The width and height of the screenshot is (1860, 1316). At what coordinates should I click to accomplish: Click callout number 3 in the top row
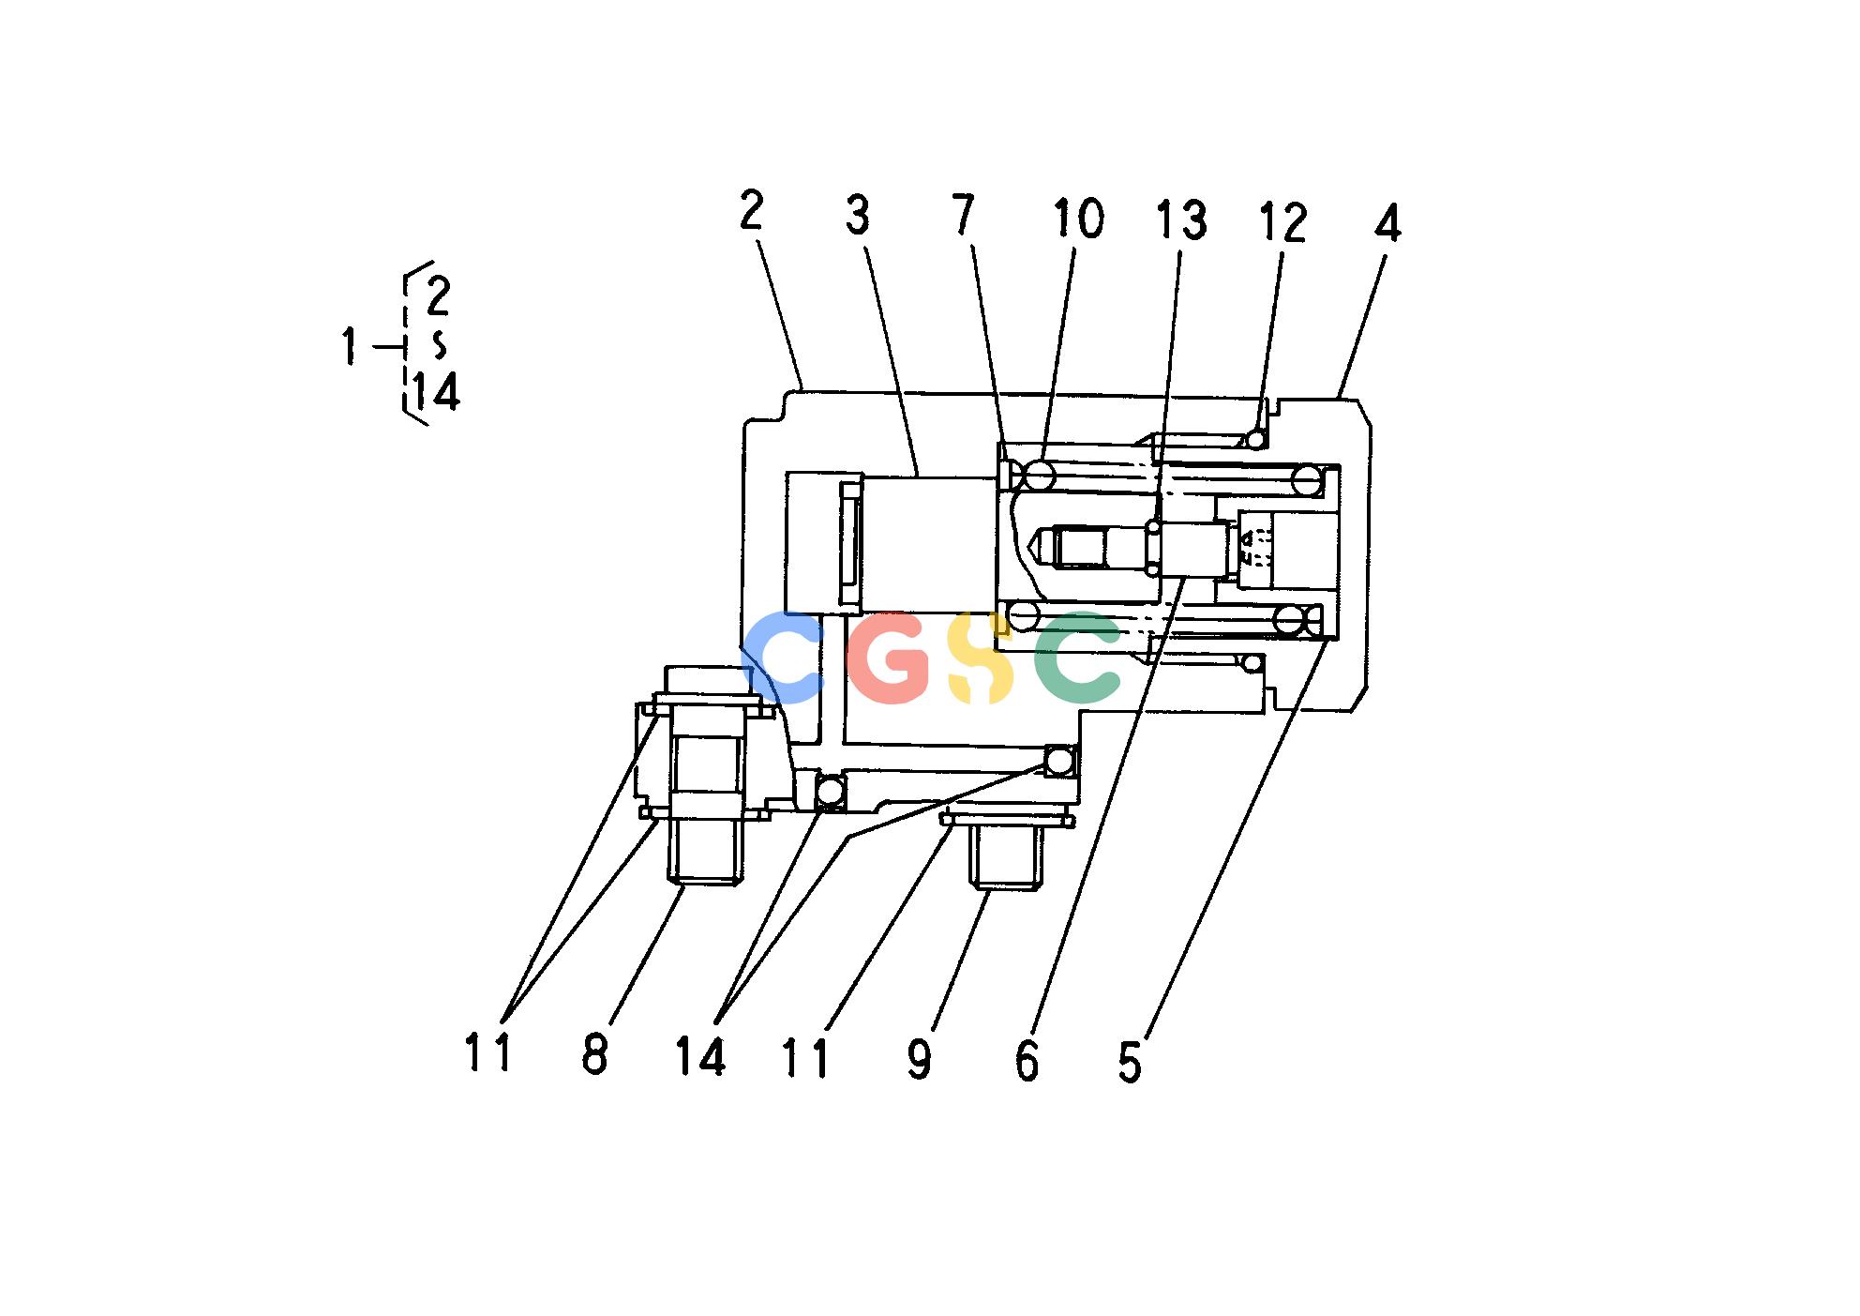tap(857, 215)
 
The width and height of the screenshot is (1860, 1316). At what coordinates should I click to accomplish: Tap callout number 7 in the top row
tap(964, 215)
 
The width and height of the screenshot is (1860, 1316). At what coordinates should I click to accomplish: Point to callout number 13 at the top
tap(1180, 219)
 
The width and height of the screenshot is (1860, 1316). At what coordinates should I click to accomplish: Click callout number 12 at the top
tap(1282, 223)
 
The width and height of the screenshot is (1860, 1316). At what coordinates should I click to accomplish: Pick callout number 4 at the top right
tap(1387, 223)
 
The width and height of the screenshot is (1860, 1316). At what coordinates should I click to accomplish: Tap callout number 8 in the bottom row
tap(594, 1055)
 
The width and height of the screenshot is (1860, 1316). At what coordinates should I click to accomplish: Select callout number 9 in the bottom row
tap(920, 1059)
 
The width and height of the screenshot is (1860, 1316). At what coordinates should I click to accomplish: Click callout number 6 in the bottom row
tap(1027, 1062)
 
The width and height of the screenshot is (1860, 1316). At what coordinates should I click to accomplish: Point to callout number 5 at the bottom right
tap(1130, 1064)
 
